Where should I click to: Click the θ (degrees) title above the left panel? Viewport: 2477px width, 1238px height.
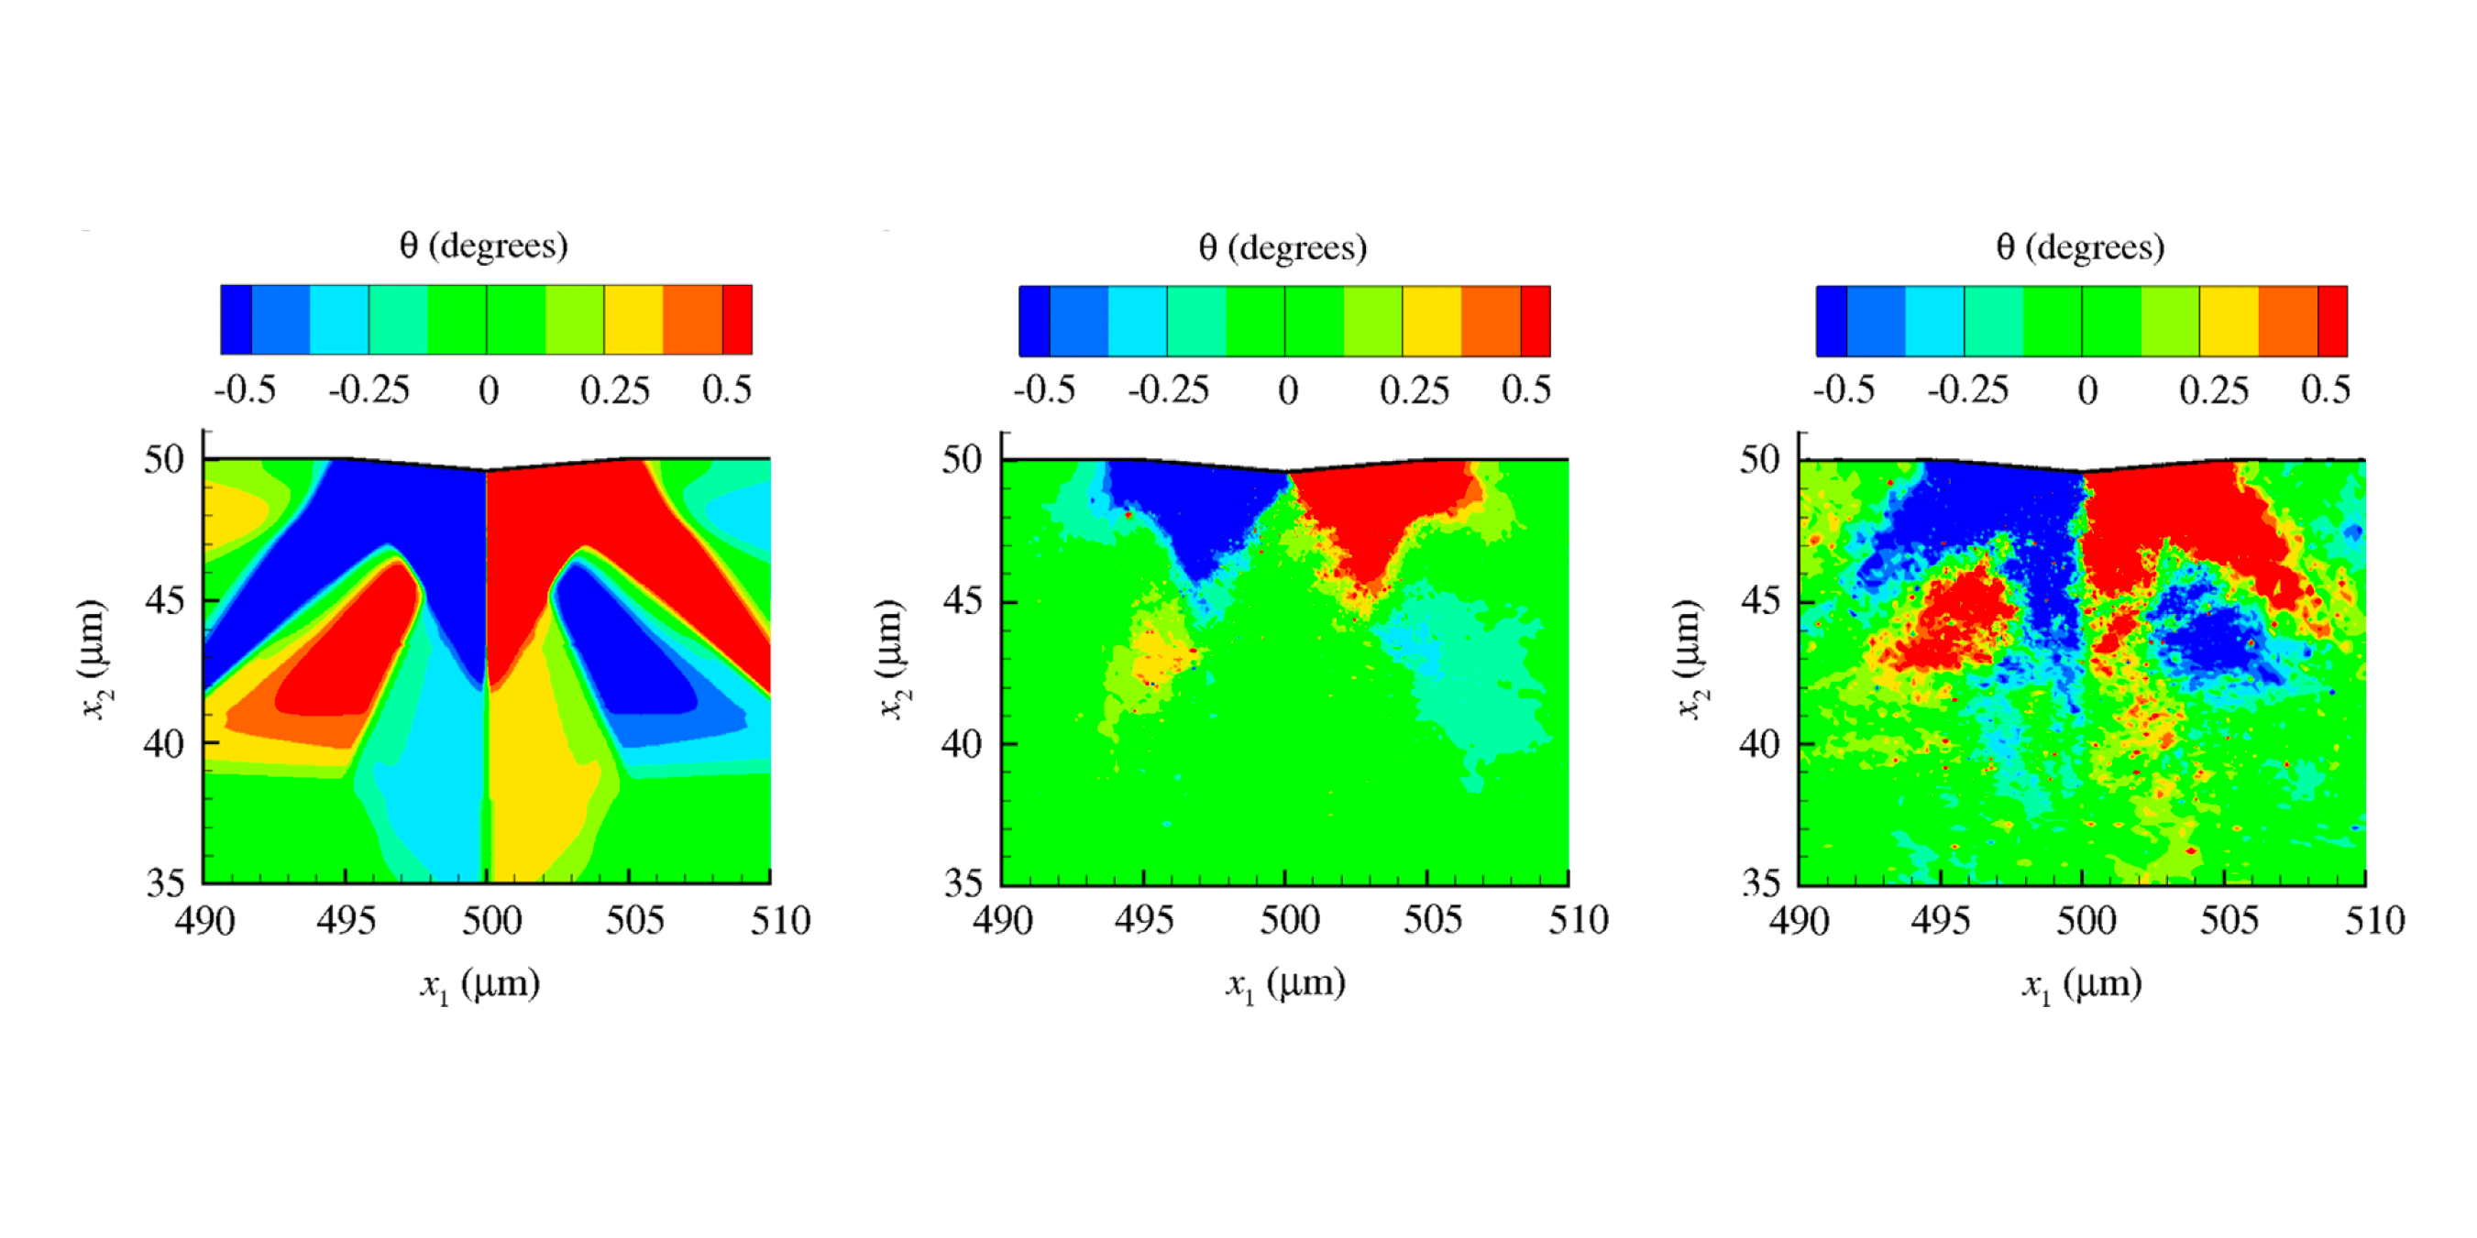[x=484, y=247]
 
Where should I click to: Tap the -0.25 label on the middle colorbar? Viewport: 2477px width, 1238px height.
[x=1168, y=390]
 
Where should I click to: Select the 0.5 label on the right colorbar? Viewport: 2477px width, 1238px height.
[x=2325, y=389]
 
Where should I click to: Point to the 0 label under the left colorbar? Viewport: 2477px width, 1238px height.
[x=489, y=390]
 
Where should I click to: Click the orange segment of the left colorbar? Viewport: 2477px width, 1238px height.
[x=692, y=319]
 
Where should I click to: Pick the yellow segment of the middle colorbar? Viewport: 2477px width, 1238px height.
[x=1432, y=321]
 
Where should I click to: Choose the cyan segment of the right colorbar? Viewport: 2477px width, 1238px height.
[x=1933, y=321]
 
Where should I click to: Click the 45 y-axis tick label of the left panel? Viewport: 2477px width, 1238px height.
[x=163, y=601]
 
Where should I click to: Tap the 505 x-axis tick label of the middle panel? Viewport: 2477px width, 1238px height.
[x=1432, y=921]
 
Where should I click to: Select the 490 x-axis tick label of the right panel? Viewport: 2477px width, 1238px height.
[x=1798, y=921]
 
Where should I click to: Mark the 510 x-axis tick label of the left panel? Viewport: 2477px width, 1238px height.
[x=780, y=921]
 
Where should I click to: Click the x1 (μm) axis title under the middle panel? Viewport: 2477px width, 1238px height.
[x=1284, y=984]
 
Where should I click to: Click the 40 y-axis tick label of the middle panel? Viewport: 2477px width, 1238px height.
[x=962, y=743]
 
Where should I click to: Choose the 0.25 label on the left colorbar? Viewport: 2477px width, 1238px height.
[x=614, y=390]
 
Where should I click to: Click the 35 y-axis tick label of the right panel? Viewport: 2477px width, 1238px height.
[x=1761, y=882]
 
